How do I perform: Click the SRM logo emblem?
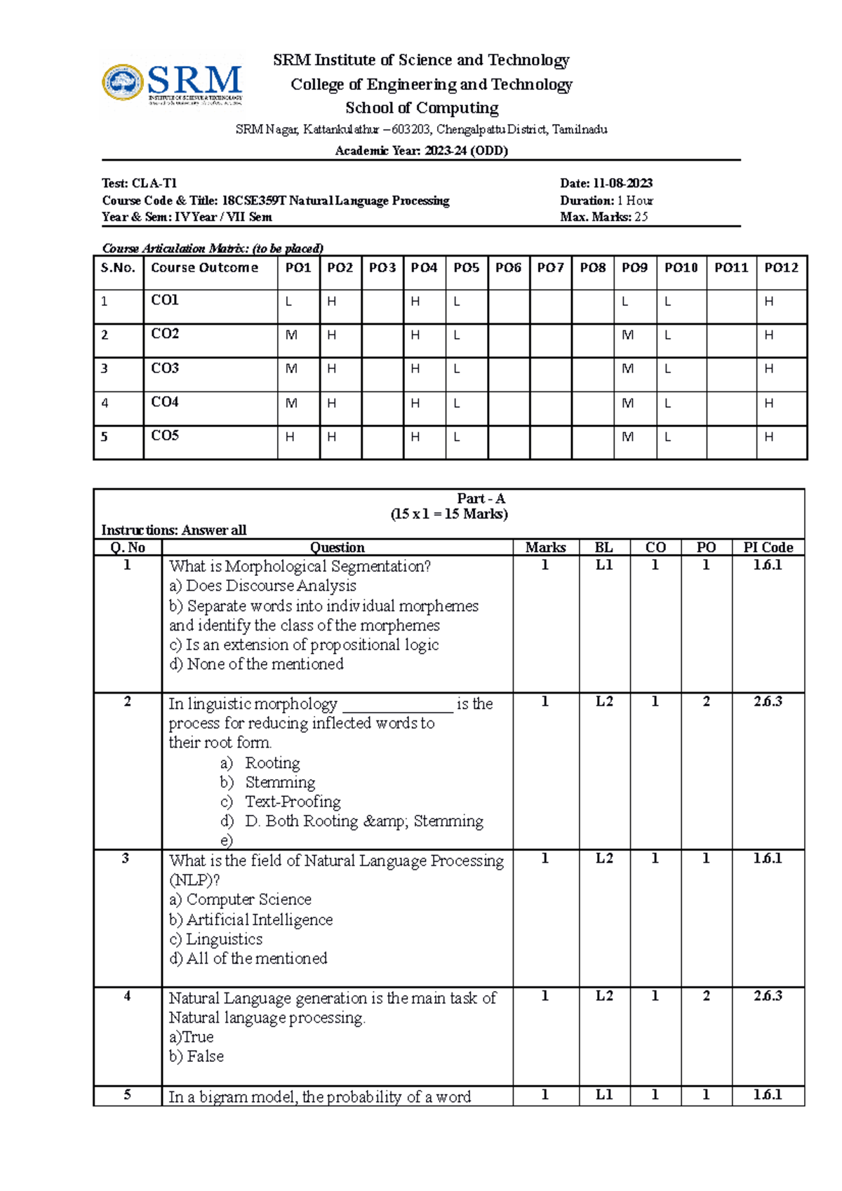[x=123, y=83]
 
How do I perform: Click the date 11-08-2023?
[x=622, y=183]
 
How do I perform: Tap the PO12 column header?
[x=781, y=267]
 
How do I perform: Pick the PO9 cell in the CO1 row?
[x=624, y=302]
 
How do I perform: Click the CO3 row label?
[x=165, y=368]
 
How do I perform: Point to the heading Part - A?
[x=481, y=499]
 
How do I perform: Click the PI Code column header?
[x=768, y=547]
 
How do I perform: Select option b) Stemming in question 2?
[x=279, y=782]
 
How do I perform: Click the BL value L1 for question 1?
[x=603, y=565]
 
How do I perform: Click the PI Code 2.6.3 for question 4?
[x=768, y=996]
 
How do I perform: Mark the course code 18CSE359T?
[x=254, y=201]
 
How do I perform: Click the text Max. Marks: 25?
[x=603, y=217]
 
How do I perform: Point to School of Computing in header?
[x=422, y=108]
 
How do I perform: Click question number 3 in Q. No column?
[x=126, y=859]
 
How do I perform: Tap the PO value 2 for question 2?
[x=706, y=702]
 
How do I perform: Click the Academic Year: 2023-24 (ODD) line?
[x=421, y=151]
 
